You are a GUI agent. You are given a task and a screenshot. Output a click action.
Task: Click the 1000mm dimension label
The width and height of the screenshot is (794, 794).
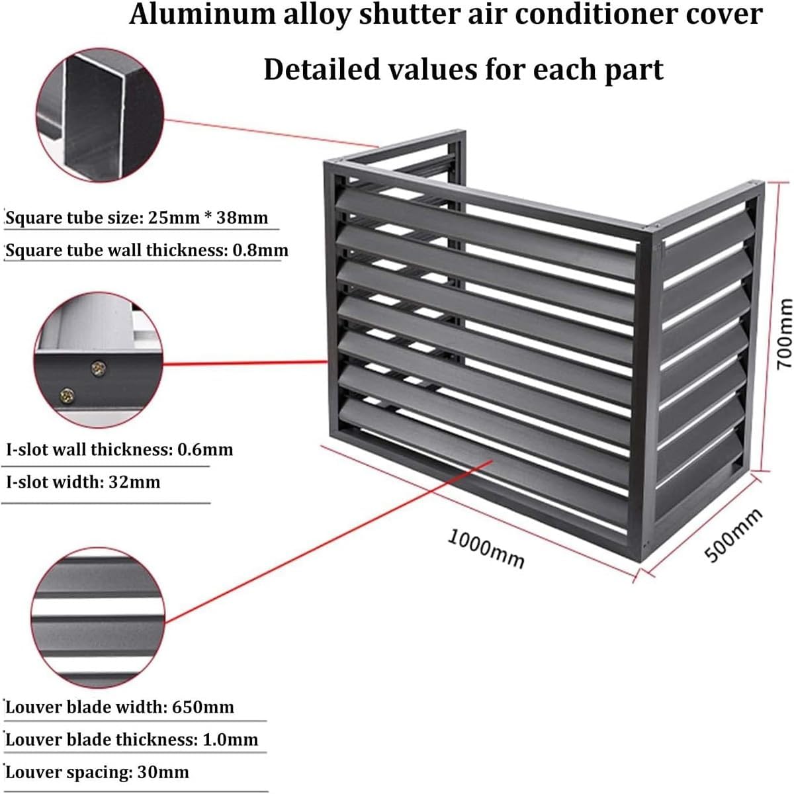(x=486, y=548)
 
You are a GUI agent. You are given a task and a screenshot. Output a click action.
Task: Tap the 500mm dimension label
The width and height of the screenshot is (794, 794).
(x=734, y=535)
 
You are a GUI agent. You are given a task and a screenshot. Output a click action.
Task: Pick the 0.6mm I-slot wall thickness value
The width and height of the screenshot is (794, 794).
(x=205, y=449)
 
